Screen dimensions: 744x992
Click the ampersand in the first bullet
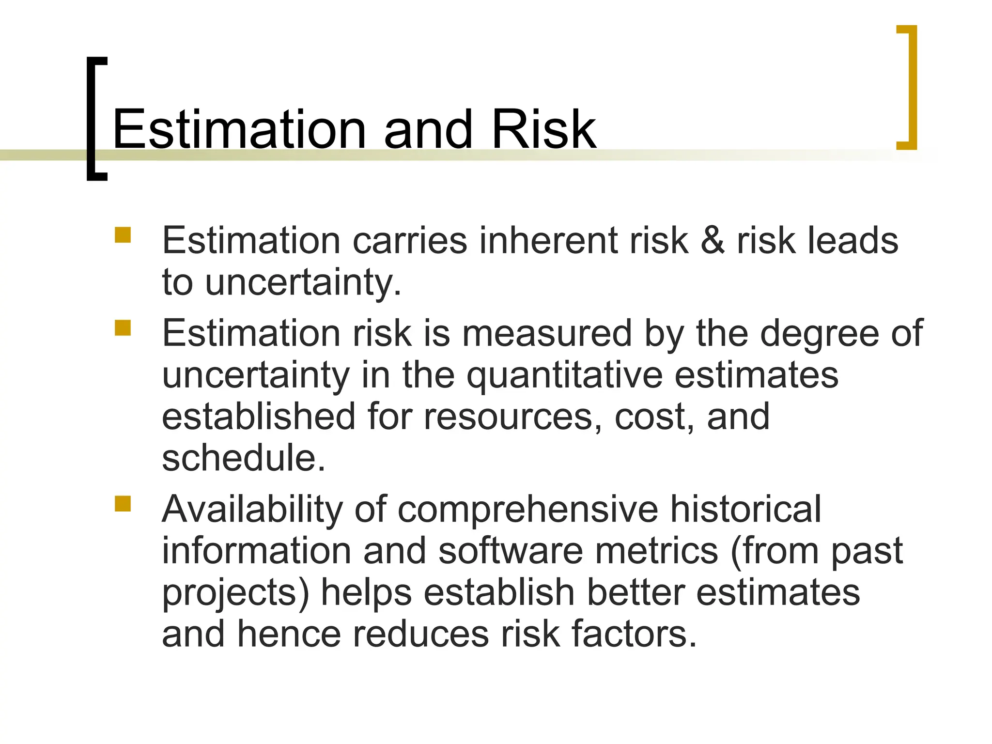point(713,241)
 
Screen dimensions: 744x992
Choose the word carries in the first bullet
point(410,241)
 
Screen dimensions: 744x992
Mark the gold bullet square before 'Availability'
point(123,504)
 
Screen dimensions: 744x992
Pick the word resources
point(508,417)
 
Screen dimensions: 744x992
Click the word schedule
point(243,458)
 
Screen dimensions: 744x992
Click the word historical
point(745,510)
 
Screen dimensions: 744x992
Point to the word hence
point(289,635)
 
